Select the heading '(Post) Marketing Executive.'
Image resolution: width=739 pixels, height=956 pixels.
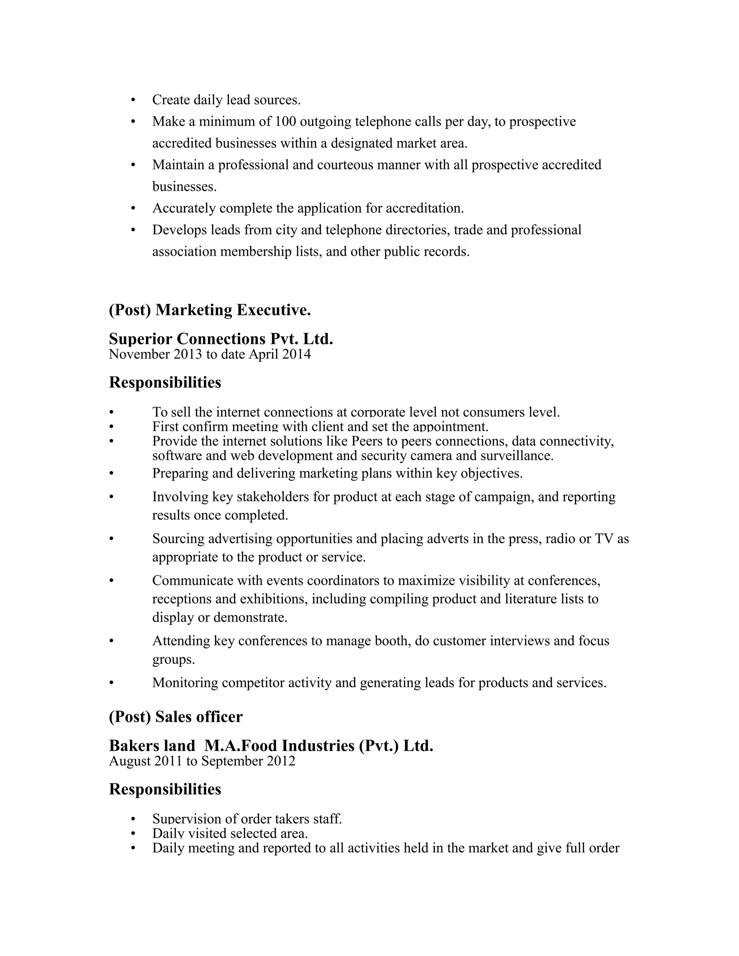tap(210, 310)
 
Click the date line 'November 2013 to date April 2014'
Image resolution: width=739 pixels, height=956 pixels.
tap(210, 354)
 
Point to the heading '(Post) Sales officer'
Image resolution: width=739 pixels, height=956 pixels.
tap(176, 716)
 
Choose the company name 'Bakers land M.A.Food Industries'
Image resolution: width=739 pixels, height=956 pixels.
tap(271, 745)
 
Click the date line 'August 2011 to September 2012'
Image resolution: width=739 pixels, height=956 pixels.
tap(202, 761)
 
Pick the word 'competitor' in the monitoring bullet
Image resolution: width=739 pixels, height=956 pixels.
tap(250, 683)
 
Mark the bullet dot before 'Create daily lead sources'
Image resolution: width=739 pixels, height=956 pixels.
tap(134, 100)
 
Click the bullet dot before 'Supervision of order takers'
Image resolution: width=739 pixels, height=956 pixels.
tap(134, 819)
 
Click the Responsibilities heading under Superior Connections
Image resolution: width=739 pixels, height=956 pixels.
tap(165, 382)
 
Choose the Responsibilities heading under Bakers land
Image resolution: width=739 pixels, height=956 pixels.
tap(165, 789)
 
